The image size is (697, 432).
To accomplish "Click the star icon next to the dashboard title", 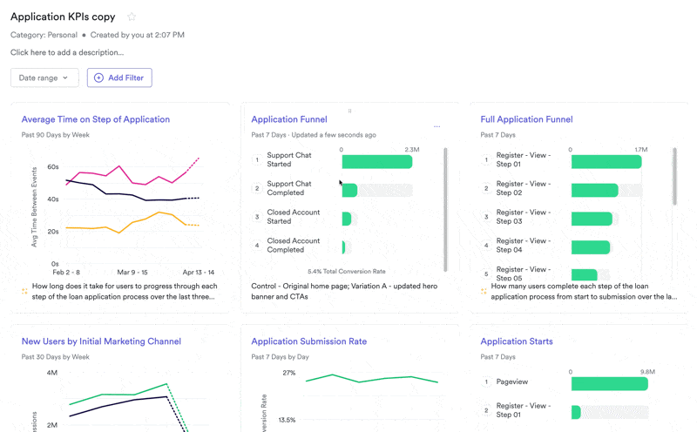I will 132,17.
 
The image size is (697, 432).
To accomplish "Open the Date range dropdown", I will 44,78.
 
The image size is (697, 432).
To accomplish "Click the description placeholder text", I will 67,52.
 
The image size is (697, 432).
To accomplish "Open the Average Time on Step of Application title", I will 95,119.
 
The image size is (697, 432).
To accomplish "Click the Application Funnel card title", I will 288,119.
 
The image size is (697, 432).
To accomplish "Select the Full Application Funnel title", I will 526,119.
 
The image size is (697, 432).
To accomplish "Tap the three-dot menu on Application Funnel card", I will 436,127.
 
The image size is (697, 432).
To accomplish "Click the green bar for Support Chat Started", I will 376,162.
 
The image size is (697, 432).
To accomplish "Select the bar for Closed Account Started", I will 347,219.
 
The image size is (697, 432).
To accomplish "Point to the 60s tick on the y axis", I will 53,167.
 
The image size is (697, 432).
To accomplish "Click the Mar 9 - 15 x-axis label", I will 132,273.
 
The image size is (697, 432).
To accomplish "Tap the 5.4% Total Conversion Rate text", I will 346,272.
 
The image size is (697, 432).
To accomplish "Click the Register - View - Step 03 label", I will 523,217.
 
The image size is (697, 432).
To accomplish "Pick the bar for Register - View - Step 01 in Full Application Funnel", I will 606,162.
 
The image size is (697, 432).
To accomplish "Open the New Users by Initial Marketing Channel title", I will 100,341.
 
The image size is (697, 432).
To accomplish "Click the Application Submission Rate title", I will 308,341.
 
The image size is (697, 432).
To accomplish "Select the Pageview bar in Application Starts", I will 609,384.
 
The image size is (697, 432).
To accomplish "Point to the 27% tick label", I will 288,373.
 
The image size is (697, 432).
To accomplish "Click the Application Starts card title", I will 516,341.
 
